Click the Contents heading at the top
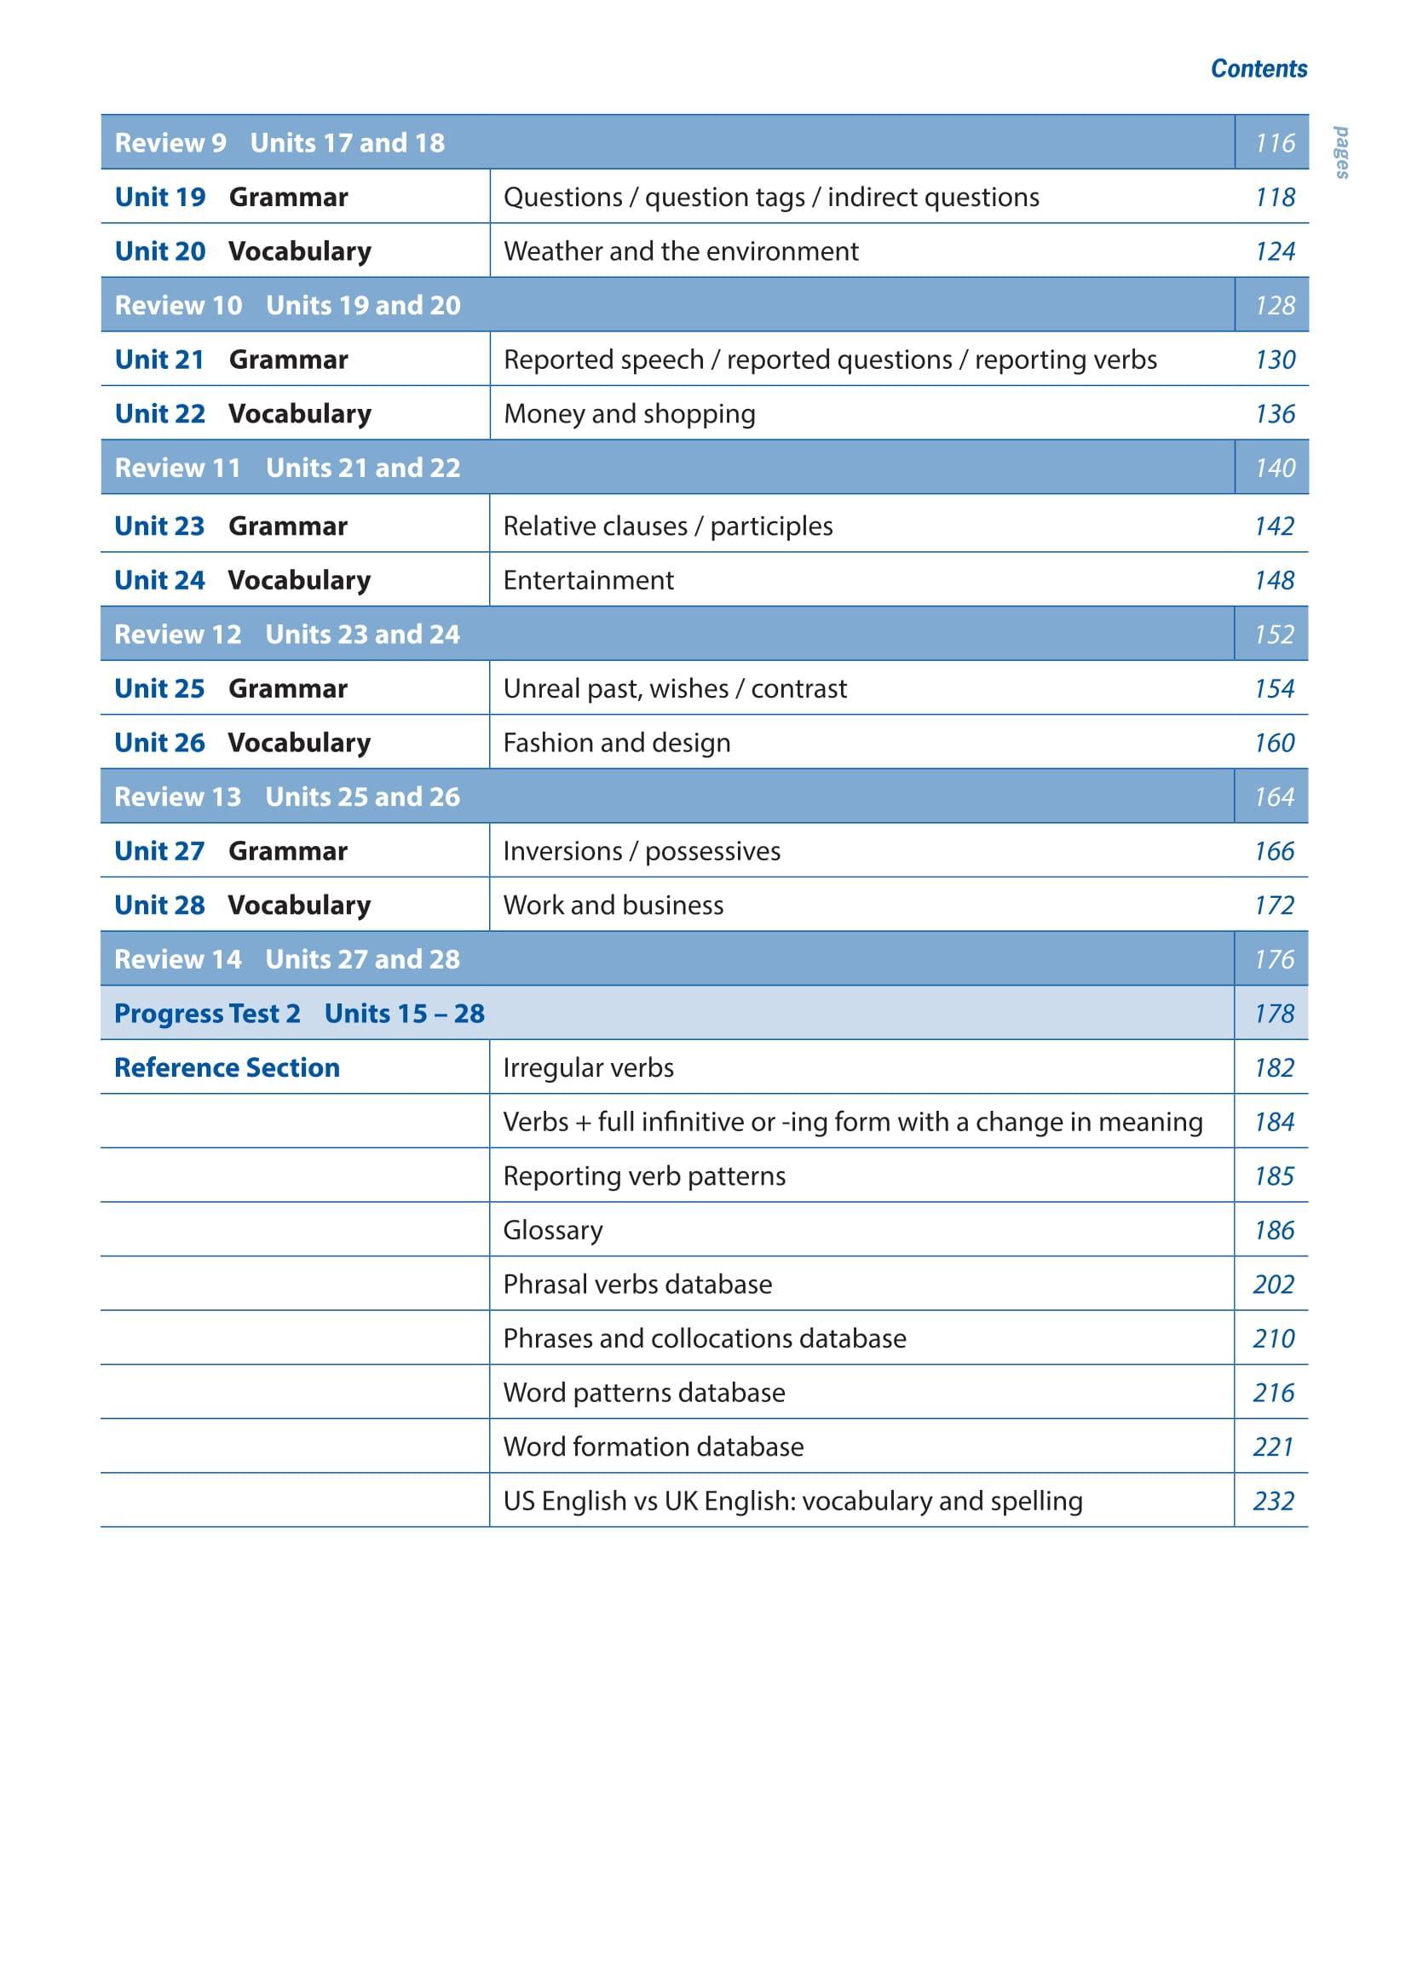pos(1258,69)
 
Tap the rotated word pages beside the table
pos(1342,153)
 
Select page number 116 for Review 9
pos(1274,142)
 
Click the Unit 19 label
pos(160,198)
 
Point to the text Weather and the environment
pos(680,251)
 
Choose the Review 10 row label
pos(178,305)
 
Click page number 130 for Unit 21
pos(1274,360)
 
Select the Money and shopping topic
pos(629,414)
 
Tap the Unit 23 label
pos(159,526)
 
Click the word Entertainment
pos(588,580)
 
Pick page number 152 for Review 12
pos(1273,635)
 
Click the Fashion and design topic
pos(617,743)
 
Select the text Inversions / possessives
pos(641,851)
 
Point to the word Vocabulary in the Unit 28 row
pos(299,906)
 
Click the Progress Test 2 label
pos(207,1014)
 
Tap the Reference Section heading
pos(227,1067)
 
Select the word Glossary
pos(552,1230)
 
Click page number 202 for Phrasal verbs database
pos(1273,1285)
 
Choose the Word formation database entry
pos(654,1446)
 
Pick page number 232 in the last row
pos(1273,1501)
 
